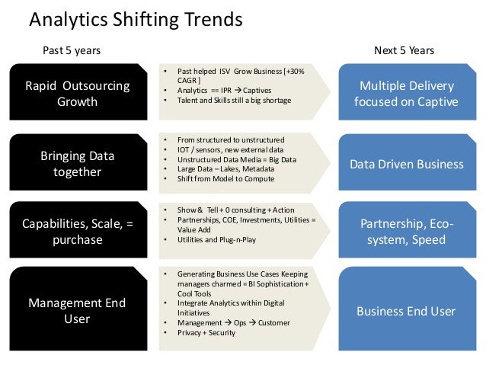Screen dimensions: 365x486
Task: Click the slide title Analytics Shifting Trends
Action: coord(135,19)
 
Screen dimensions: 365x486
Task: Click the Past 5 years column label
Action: coord(70,50)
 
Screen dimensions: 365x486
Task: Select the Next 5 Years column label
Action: coord(404,50)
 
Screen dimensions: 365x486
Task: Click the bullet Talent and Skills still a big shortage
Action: coord(234,100)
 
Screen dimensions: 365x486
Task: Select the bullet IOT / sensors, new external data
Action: coord(230,150)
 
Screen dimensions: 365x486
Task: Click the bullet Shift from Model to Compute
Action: coord(226,180)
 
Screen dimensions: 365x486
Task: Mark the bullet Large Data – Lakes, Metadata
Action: coord(226,170)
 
